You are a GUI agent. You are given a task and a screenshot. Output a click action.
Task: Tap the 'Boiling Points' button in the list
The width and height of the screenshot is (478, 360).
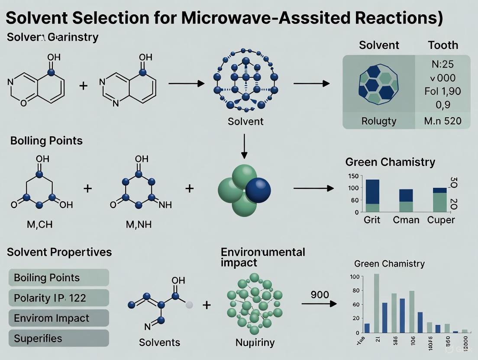point(59,277)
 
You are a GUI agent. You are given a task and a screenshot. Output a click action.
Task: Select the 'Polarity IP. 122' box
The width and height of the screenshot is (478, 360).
point(59,298)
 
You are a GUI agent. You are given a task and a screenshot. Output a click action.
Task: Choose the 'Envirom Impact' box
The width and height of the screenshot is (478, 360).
point(59,318)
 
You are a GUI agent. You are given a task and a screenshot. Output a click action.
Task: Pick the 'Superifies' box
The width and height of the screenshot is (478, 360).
point(59,338)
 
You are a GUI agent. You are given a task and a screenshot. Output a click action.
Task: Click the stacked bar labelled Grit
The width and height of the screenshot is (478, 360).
point(372,196)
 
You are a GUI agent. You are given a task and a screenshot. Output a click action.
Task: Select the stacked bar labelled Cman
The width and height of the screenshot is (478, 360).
point(406,201)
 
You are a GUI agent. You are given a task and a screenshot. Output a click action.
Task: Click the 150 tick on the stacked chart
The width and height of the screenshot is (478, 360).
point(353,176)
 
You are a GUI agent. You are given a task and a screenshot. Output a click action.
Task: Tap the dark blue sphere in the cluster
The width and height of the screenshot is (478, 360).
point(258,190)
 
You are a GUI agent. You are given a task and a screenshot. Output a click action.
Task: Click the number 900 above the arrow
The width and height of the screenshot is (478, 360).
point(320,295)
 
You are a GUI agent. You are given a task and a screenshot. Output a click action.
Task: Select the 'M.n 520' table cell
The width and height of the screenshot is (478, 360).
point(442,121)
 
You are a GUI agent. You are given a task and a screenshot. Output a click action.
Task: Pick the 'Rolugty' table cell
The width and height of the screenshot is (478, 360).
point(379,121)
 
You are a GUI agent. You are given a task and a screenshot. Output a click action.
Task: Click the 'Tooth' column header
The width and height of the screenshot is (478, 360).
point(442,45)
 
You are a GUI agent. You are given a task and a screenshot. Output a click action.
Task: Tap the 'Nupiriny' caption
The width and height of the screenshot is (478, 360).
point(255,342)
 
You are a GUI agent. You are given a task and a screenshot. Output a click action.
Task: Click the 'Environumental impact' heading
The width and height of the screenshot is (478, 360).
point(263,257)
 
